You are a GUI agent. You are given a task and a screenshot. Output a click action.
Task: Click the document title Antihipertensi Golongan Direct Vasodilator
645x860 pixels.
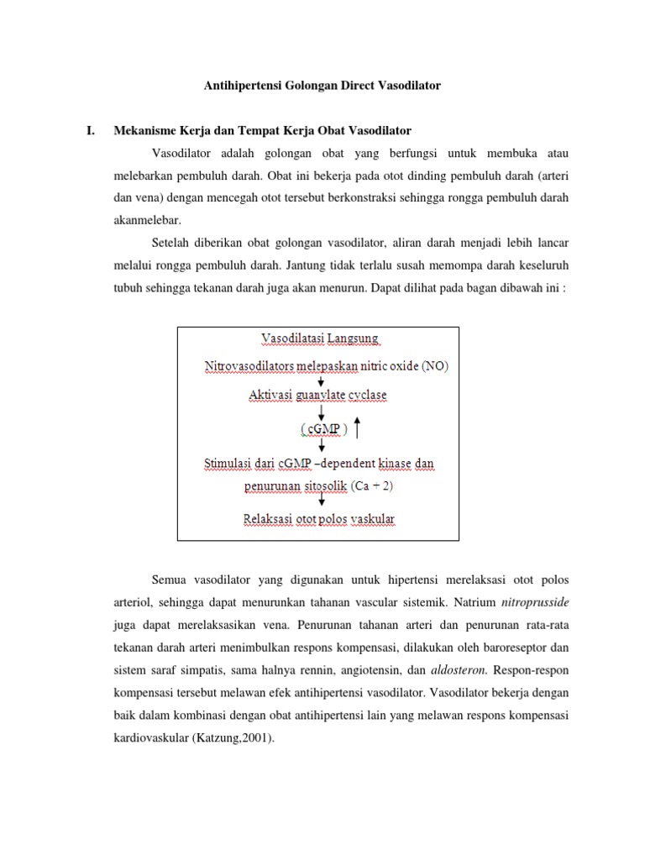(x=323, y=86)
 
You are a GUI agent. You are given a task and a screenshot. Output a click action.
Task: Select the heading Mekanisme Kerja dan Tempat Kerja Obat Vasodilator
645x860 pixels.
(x=263, y=131)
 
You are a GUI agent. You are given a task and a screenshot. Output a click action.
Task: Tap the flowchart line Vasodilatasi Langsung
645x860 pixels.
(x=320, y=339)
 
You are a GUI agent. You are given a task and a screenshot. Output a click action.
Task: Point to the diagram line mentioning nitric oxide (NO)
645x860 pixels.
(x=327, y=366)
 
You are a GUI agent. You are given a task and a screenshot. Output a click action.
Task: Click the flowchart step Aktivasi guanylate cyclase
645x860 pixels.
(x=317, y=394)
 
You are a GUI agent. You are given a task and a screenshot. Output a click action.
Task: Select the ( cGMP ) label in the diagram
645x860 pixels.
(x=322, y=429)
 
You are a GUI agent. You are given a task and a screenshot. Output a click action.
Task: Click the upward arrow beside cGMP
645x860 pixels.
(x=359, y=427)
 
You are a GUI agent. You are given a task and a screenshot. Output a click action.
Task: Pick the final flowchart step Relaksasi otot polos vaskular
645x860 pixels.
(x=318, y=519)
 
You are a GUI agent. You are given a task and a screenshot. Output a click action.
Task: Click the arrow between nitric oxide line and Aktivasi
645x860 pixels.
(x=321, y=380)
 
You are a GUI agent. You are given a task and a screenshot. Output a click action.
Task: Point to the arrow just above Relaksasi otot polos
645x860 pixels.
(x=321, y=502)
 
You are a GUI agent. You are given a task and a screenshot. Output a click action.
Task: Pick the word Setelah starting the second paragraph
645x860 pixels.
(x=172, y=243)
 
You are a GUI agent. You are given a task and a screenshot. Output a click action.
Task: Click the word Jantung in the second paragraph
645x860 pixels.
(x=307, y=265)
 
